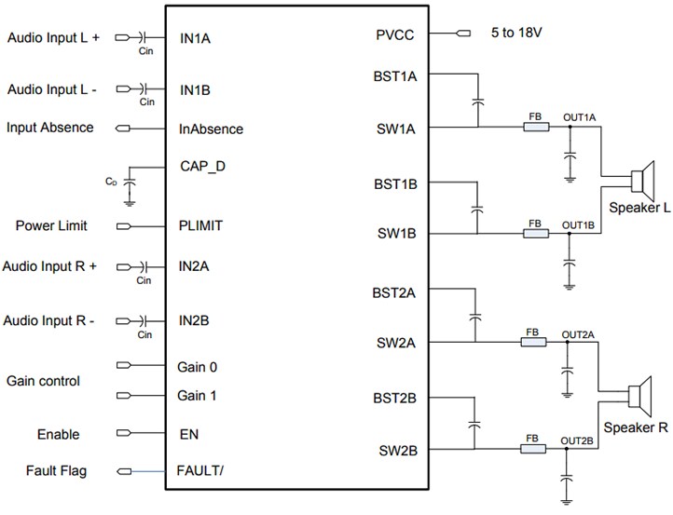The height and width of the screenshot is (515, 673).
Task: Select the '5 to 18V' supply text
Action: coord(516,34)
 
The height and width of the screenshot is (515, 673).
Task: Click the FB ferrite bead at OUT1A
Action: coord(535,128)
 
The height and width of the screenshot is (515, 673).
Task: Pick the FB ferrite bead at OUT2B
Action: coord(532,449)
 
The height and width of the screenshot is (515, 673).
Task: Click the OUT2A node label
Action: coord(578,333)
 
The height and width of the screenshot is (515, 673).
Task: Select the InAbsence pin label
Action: coord(211,129)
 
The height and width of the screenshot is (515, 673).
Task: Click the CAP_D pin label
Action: coord(202,167)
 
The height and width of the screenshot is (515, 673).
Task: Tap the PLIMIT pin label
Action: coord(200,225)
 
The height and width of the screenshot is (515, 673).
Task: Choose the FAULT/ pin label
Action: coord(200,470)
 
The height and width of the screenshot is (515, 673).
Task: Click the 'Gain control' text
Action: coord(43,381)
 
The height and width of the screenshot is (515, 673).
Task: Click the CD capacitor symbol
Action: coord(130,182)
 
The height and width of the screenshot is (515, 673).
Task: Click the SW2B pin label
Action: coord(396,451)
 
